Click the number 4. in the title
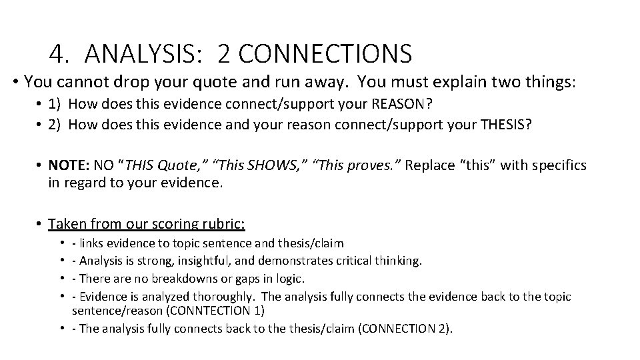coord(60,53)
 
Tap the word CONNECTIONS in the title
coord(323,53)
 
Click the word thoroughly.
coord(221,296)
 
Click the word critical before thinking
coord(359,261)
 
